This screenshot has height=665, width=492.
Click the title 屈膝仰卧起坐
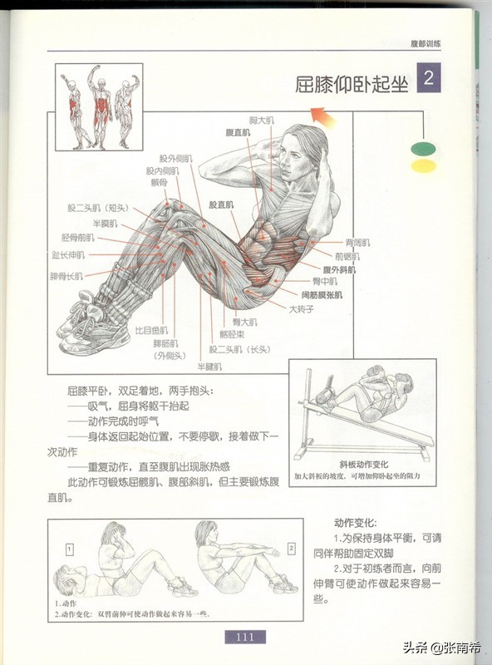pos(352,85)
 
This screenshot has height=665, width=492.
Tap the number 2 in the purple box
pos(428,80)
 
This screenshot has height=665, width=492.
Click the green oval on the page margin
pos(423,149)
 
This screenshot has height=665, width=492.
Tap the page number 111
pos(244,638)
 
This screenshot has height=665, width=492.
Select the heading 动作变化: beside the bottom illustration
pos(356,524)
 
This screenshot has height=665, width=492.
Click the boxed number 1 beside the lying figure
pos(71,549)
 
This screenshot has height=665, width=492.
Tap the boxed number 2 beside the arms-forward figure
pos(292,549)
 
